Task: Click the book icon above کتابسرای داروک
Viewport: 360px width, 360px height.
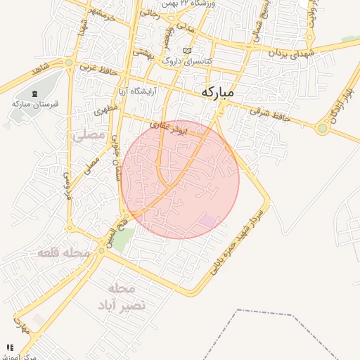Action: click(x=186, y=51)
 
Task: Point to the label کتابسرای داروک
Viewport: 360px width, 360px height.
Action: click(x=186, y=60)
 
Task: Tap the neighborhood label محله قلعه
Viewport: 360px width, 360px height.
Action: click(x=64, y=252)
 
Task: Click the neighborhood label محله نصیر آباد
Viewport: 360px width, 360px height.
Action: click(x=127, y=297)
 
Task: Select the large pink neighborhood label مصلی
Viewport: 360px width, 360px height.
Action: click(x=88, y=134)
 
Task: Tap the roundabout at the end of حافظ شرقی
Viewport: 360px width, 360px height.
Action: click(x=323, y=128)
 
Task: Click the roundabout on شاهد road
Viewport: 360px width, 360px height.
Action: click(x=69, y=63)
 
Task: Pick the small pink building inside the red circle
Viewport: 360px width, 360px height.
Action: click(x=208, y=221)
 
